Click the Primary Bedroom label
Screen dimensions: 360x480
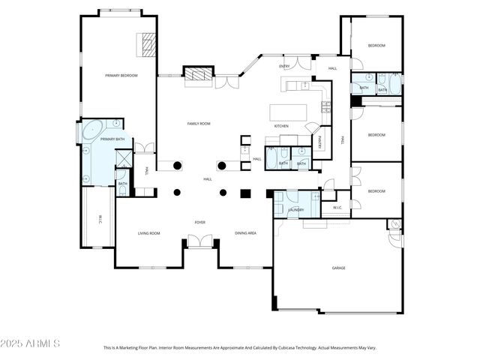[121, 75]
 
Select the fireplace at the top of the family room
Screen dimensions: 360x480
[197, 73]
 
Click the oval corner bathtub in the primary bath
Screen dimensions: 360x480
[93, 130]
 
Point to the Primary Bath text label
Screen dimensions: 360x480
[112, 139]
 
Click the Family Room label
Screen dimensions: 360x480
[199, 123]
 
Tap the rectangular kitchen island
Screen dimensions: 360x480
[289, 112]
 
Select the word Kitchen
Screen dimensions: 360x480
[281, 126]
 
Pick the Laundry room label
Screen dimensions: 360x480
[296, 209]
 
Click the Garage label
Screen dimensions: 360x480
[339, 268]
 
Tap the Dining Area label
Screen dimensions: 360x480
[245, 233]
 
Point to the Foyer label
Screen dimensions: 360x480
[200, 223]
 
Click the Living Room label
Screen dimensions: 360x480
[148, 233]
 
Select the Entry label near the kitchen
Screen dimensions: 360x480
[284, 67]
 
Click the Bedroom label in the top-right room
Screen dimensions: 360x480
[376, 46]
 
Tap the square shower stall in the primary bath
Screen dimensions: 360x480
[123, 159]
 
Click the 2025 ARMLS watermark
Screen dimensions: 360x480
[31, 343]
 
